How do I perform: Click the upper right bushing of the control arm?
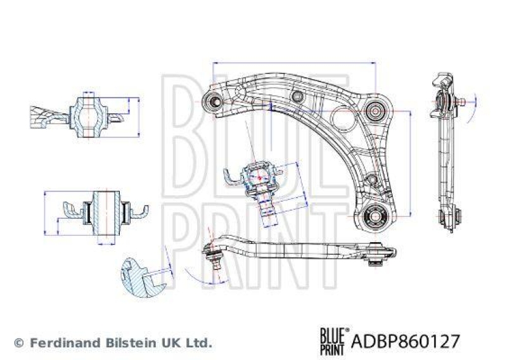pyautogui.click(x=375, y=110)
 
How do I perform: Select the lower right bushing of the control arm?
pyautogui.click(x=375, y=217)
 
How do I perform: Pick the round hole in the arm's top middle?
pyautogui.click(x=297, y=96)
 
